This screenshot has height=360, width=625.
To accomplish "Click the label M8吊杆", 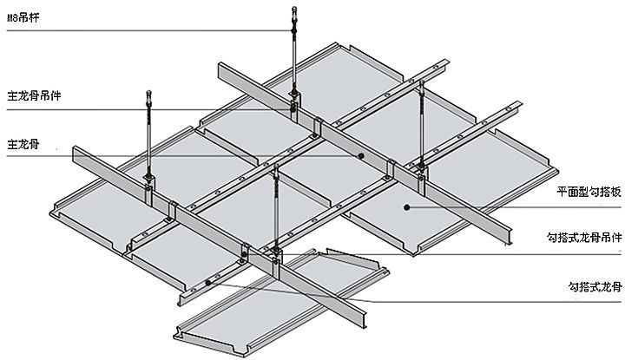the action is coord(23,17).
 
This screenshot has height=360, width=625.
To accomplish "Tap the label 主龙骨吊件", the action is coord(34,96).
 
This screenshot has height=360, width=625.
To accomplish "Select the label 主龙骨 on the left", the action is coord(23,144).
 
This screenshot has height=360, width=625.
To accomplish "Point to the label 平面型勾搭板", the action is coord(589,193).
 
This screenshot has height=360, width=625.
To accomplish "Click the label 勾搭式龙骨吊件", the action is coord(584,238).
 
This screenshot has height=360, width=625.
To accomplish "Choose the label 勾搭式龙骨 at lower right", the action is coord(595,287).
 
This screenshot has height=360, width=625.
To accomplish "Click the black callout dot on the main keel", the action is coord(361,155).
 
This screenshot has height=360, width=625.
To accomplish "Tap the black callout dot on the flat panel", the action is coord(406,207).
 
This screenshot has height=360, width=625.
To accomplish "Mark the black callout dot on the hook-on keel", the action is coord(208,283).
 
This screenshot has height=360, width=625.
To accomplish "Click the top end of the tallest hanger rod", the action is coord(294,8).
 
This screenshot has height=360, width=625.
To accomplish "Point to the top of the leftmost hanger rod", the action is coord(149,93).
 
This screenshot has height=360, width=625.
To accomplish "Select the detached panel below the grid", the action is coord(280,302).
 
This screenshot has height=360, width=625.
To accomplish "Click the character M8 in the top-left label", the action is coord(13,18).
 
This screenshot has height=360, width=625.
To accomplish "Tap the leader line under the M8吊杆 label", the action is coord(149,30).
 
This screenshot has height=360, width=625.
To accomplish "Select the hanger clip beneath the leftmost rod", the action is coord(148,190).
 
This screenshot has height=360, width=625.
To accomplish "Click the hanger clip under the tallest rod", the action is coord(294,107).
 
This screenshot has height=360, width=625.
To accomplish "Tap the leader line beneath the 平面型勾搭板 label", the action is coord(513,207).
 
